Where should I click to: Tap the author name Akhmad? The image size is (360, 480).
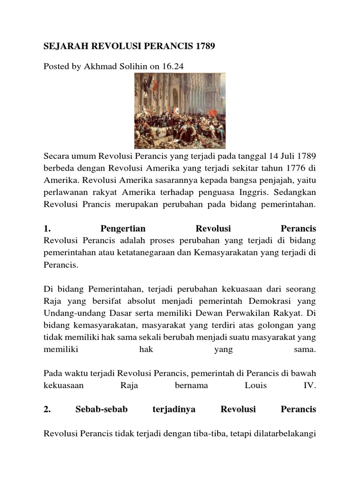[99, 67]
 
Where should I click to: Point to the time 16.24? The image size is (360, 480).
[172, 67]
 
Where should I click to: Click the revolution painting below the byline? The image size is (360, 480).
[180, 111]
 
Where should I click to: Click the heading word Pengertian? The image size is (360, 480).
[123, 229]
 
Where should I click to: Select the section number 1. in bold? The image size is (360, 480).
[47, 229]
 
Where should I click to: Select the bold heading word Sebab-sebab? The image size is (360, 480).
[95, 409]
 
